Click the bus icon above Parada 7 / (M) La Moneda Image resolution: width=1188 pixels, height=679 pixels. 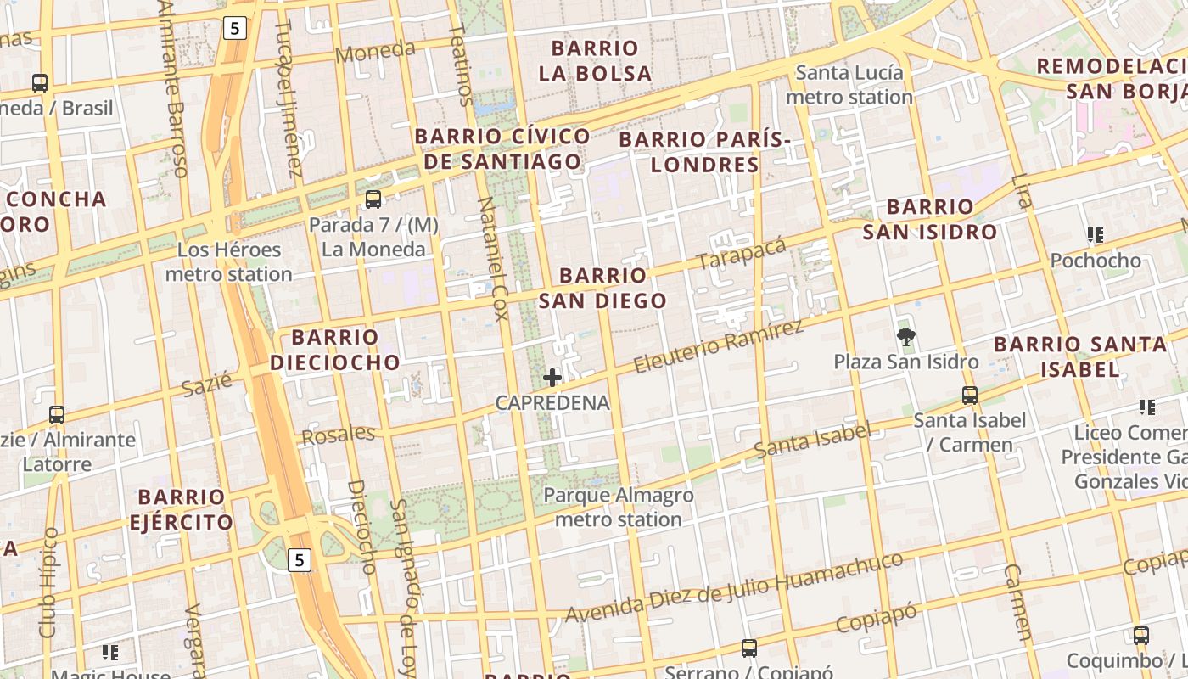373,199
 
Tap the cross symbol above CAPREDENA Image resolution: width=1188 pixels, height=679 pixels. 552,377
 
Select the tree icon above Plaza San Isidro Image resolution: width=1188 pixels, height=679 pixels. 906,337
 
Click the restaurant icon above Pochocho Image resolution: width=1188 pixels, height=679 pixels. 1096,235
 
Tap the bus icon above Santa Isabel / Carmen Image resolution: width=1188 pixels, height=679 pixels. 970,396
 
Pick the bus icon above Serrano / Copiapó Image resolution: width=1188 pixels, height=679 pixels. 748,648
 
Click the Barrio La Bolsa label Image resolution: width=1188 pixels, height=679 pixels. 595,60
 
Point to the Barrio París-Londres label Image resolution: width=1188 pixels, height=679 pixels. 705,151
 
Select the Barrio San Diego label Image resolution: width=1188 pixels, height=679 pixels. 602,288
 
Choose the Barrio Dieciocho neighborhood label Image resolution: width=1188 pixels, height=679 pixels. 334,350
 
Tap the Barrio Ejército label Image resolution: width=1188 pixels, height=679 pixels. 181,508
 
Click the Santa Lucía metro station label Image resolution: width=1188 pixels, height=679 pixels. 849,85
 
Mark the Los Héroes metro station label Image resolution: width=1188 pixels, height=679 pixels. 229,262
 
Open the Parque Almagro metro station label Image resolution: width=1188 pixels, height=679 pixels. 619,507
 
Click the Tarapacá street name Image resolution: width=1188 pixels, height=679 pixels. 741,252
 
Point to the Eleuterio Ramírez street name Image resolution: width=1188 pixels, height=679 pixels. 718,347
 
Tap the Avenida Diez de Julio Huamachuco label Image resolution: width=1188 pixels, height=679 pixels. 734,587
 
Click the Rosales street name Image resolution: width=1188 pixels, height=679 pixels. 339,435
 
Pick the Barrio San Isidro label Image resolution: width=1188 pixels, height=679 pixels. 930,219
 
